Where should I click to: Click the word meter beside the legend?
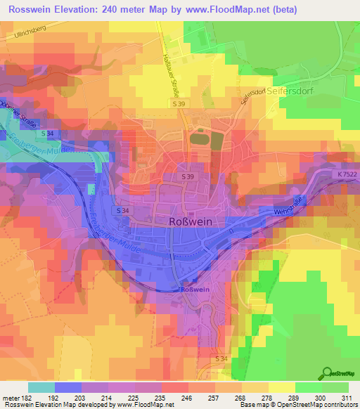click(9, 398)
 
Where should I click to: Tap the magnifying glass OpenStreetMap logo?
click(328, 374)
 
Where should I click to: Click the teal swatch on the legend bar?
click(41, 387)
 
